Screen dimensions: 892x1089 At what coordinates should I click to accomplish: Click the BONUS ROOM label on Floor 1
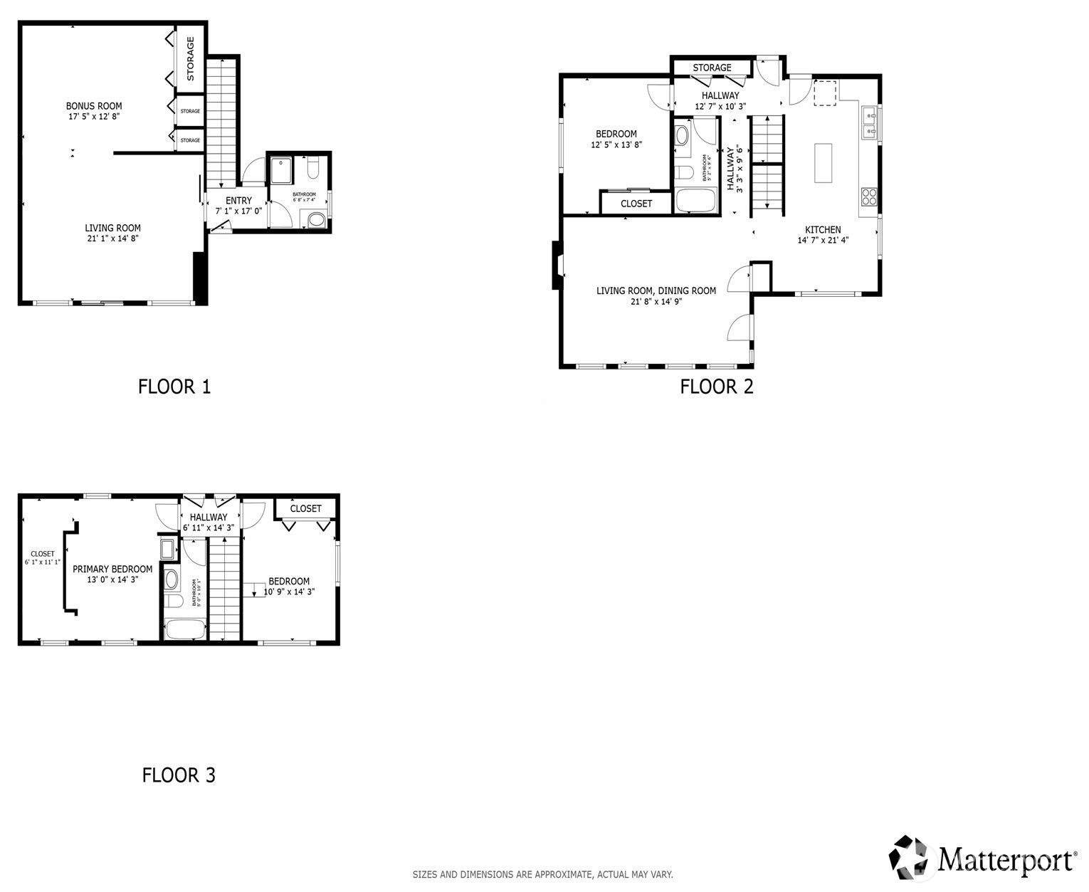coord(94,106)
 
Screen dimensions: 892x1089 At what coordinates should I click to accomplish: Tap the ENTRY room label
coord(238,201)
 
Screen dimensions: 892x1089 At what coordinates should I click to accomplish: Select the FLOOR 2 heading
coord(716,387)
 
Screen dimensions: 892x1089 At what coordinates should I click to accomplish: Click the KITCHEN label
coord(823,230)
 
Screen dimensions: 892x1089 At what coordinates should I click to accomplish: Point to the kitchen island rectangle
coord(823,163)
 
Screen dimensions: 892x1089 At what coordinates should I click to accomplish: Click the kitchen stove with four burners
coord(869,196)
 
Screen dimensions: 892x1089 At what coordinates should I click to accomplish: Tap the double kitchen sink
coord(869,123)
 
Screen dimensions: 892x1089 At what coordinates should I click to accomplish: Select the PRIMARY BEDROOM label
coord(112,569)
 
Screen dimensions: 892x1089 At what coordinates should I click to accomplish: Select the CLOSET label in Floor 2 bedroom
coord(636,204)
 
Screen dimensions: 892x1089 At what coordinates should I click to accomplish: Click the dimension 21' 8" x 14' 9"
coord(656,302)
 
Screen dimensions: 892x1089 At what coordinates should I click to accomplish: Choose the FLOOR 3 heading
coord(179,775)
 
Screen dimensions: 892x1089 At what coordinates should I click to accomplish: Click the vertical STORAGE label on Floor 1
coord(191,58)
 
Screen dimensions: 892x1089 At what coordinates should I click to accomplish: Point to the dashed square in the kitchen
coord(826,93)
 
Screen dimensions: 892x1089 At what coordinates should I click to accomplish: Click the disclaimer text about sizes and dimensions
coord(542,874)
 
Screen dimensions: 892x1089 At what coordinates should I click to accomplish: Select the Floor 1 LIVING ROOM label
coord(112,229)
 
